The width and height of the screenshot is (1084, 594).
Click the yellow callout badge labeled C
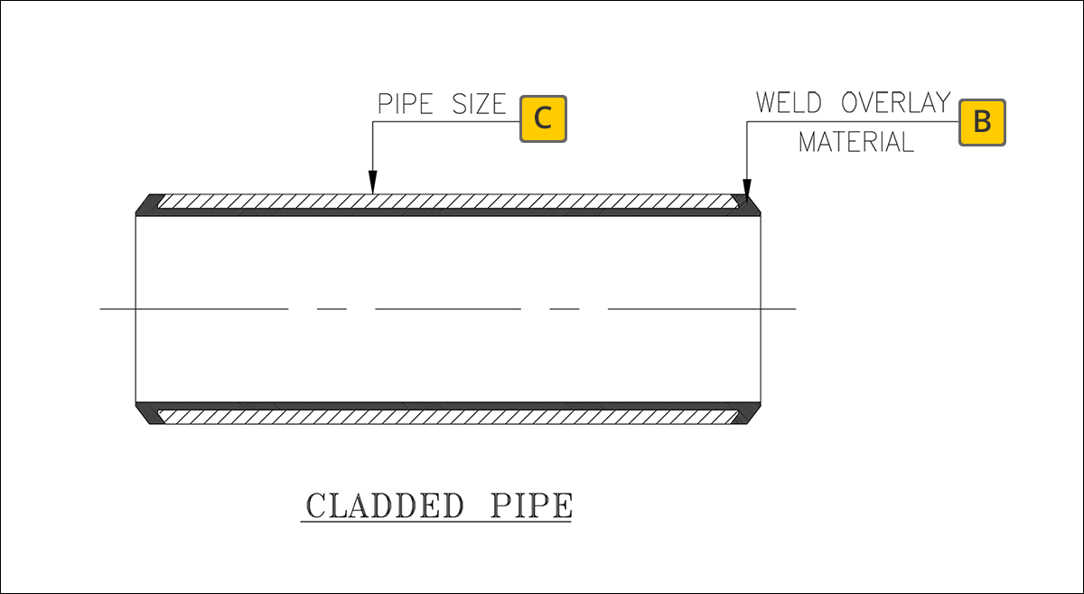543,118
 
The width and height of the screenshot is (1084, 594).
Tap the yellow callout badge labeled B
982,121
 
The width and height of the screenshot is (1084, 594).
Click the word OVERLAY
895,102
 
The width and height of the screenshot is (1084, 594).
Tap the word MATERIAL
855,142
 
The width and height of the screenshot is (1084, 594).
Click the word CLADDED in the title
384,505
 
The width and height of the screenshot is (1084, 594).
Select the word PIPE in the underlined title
531,505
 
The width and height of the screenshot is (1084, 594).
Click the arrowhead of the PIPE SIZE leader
372,186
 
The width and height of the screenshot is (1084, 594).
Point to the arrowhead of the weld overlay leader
746,186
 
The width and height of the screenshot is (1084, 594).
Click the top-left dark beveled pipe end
146,205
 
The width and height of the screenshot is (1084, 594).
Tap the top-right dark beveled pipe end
749,205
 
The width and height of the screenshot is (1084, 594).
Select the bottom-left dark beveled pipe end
146,413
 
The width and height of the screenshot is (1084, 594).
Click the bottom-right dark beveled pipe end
749,413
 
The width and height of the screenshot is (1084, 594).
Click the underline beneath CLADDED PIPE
436,523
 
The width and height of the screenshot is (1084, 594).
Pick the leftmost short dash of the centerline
332,309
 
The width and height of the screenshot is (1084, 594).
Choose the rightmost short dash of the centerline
565,309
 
